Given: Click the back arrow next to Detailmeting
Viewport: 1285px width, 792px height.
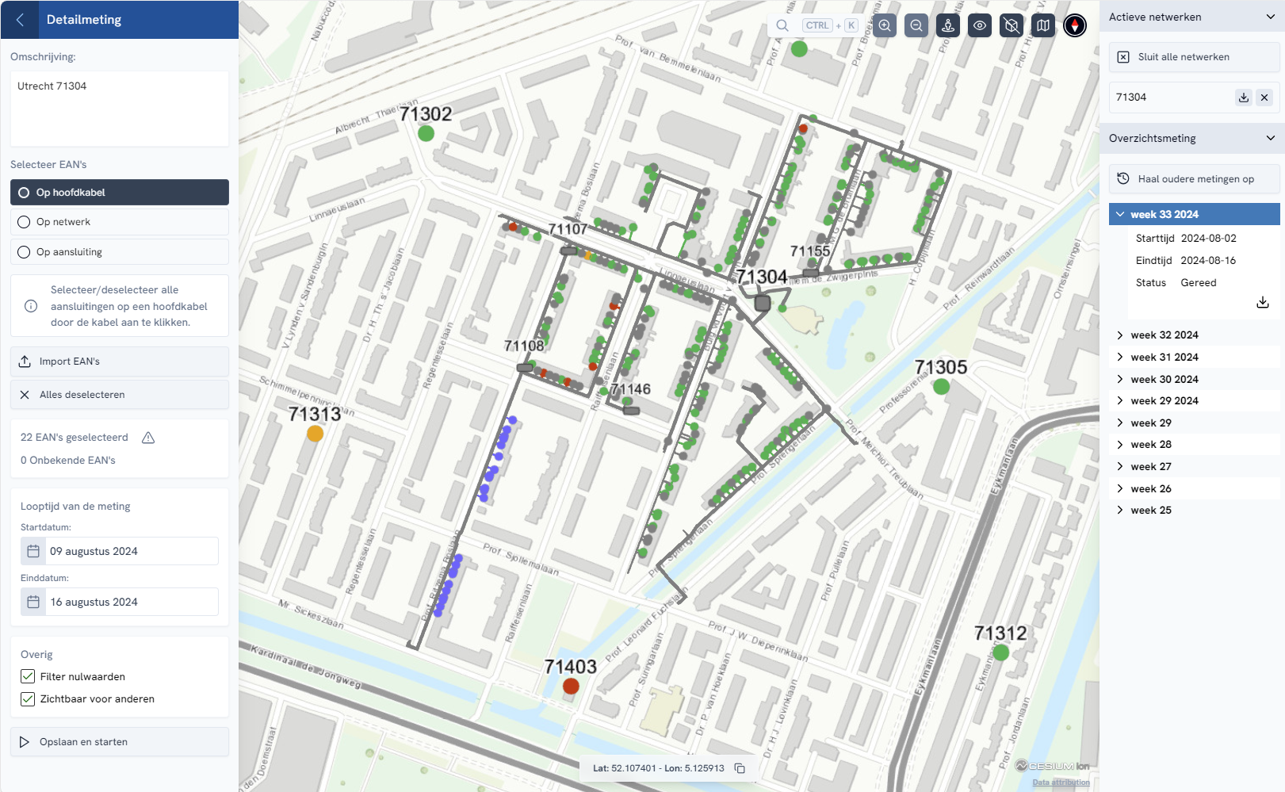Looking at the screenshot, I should click(21, 20).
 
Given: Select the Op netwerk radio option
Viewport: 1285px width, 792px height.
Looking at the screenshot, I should click(24, 222).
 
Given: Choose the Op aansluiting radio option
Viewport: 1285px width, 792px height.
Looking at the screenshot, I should click(24, 252).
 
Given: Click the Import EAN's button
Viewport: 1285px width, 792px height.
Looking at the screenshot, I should click(119, 362).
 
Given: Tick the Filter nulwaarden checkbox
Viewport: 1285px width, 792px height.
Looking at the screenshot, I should click(28, 676).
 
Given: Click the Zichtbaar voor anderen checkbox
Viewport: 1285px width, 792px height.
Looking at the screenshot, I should click(28, 699).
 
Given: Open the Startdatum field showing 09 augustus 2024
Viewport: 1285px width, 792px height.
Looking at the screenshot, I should click(119, 551).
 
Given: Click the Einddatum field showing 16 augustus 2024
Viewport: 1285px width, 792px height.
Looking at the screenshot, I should click(119, 602).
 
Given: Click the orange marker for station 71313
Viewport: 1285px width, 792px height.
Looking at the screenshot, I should click(315, 434).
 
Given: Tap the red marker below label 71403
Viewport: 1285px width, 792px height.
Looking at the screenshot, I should click(571, 687).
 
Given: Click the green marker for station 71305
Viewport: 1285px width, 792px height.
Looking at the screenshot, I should click(941, 387).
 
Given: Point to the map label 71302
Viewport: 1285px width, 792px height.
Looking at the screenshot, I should click(426, 114).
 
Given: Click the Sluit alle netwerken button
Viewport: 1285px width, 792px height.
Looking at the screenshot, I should click(1194, 57).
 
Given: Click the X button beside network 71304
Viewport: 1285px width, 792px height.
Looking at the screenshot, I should click(1264, 98).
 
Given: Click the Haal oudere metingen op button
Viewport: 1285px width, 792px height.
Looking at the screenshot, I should click(1194, 179).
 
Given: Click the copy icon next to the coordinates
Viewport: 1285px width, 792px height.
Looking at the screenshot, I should click(740, 768).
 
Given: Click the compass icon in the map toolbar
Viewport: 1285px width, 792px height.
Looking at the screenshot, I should click(1075, 25).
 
